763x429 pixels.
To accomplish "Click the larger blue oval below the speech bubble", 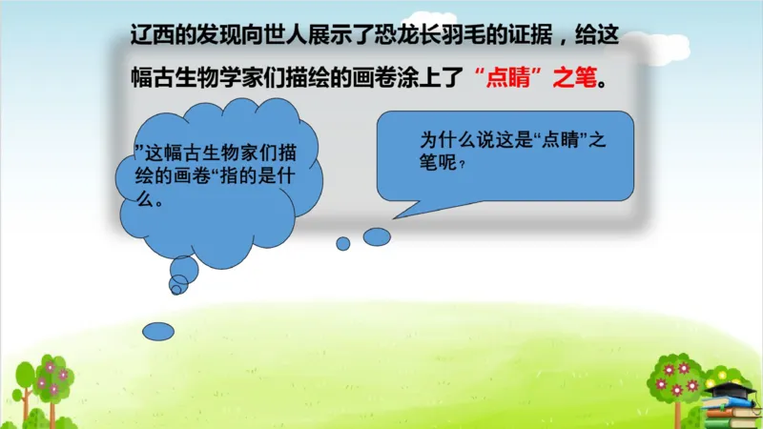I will point(377,236).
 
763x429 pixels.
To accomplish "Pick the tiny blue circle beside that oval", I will point(343,243).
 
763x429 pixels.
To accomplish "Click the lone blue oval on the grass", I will point(158,331).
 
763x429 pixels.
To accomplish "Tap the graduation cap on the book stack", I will point(731,388).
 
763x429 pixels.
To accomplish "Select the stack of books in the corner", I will point(732,411).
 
